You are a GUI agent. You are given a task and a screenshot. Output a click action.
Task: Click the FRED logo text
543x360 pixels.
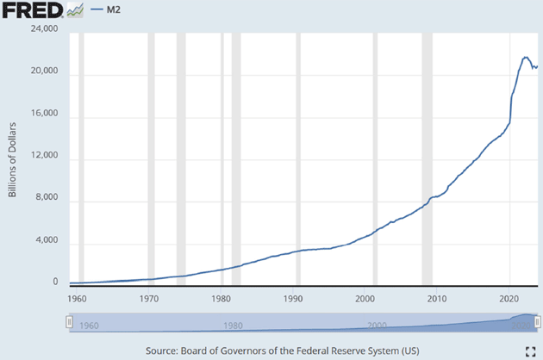coord(33,10)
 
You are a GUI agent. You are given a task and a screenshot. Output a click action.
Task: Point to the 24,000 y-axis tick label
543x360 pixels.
coord(44,30)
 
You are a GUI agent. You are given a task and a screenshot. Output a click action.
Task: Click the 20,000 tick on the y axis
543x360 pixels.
coord(44,73)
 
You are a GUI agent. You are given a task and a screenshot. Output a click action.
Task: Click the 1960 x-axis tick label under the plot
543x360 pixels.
coord(78,299)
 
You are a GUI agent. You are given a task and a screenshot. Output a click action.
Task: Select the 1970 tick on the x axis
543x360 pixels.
coord(149,299)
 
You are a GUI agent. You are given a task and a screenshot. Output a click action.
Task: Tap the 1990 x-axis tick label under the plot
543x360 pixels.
coord(294,299)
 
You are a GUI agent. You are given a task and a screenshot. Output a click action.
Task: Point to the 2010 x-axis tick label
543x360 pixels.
coord(438,299)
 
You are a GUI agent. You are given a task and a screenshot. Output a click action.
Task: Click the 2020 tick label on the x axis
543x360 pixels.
coord(510,299)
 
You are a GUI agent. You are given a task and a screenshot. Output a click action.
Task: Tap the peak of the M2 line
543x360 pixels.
coord(525,58)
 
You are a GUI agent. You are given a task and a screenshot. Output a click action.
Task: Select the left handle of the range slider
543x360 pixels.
coord(68,322)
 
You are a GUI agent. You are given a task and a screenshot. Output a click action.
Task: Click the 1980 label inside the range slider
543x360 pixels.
coord(231,326)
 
